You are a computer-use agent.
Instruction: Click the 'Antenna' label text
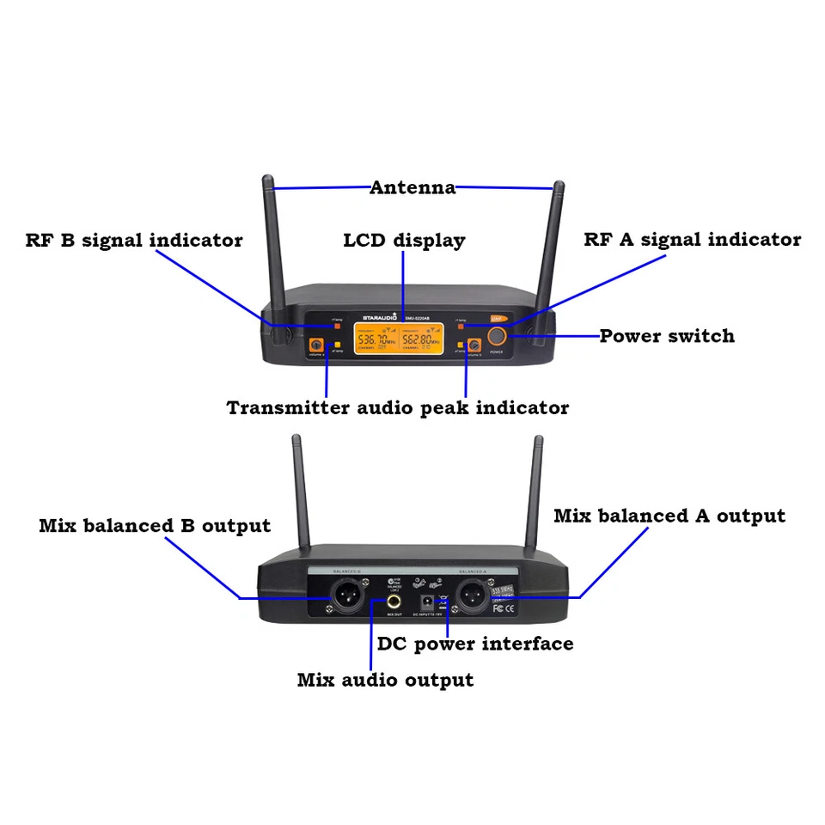coord(412,187)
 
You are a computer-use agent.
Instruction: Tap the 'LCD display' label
coord(404,241)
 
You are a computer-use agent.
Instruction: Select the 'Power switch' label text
coord(667,336)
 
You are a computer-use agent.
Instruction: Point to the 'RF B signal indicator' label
coord(134,241)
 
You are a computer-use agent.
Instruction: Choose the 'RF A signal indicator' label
coord(693,240)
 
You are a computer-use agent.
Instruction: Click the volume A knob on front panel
coord(316,347)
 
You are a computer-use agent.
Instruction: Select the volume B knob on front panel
coord(472,347)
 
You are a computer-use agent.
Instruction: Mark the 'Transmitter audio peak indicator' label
coord(398,408)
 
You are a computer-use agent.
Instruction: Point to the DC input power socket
coord(424,602)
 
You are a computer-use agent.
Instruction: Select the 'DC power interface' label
coord(475,644)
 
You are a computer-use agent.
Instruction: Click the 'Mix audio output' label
coord(385,681)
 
